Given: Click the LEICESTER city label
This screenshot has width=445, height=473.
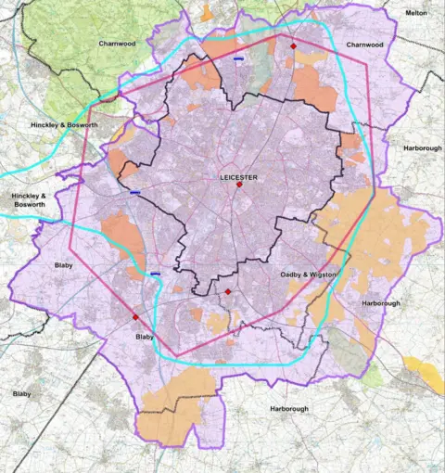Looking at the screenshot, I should [x=238, y=175].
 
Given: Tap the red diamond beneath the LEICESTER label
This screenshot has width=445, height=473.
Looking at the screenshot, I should [x=239, y=185].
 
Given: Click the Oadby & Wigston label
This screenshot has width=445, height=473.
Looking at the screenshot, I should [x=311, y=275].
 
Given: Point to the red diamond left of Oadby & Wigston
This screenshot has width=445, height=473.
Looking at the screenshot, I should [x=228, y=292].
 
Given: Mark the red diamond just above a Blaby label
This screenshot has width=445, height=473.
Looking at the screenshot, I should [x=135, y=316].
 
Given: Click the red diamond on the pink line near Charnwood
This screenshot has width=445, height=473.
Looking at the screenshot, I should [x=293, y=45].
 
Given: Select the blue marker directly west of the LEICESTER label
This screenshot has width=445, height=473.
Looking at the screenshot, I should [x=135, y=193].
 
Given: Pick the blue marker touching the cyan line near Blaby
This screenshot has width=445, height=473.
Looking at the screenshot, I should [x=155, y=274].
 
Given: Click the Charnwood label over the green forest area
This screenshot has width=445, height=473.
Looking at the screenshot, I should [x=118, y=44].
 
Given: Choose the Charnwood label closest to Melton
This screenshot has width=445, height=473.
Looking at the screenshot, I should [x=364, y=44].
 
